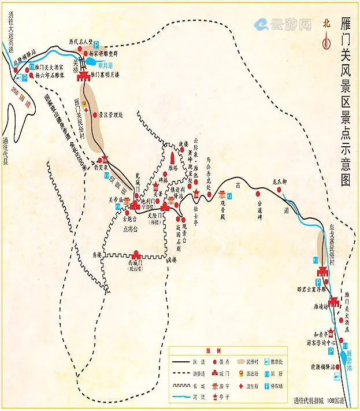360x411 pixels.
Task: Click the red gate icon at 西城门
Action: point(136,256)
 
